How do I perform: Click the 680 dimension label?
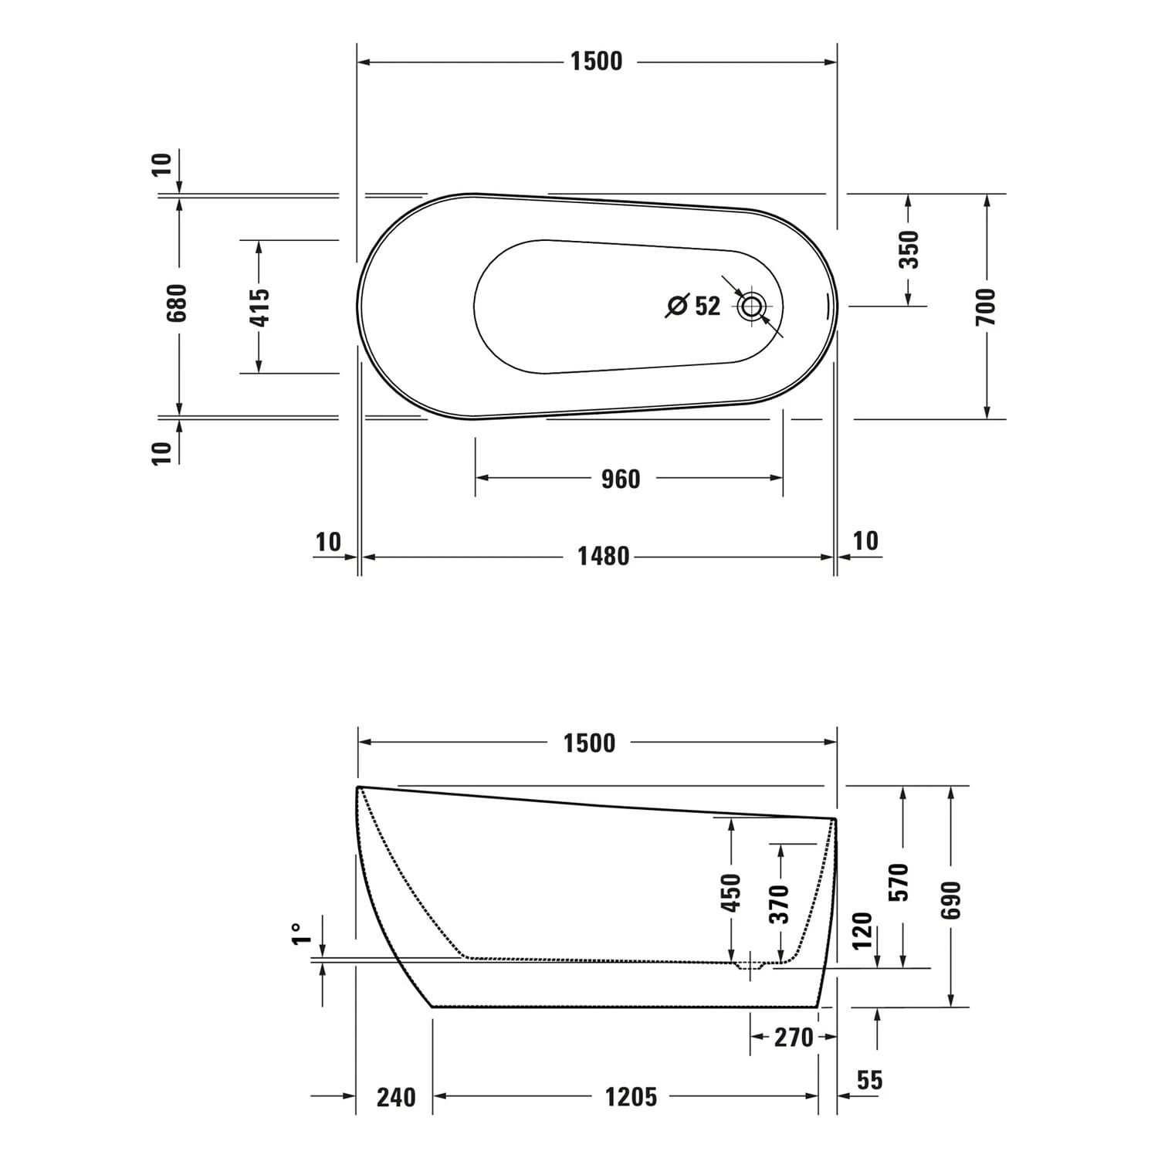tap(177, 303)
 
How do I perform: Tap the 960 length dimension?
tap(621, 479)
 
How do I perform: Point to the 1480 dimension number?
tap(604, 556)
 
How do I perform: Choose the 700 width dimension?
tap(987, 306)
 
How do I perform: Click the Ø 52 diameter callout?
tap(692, 306)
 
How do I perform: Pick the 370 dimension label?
tap(780, 904)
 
